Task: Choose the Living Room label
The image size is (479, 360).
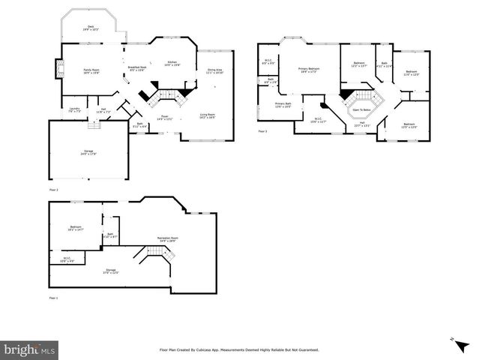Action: point(207,116)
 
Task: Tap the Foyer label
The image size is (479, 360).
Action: point(164,118)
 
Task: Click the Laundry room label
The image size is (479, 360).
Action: point(74,110)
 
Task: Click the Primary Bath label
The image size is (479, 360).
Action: point(283,105)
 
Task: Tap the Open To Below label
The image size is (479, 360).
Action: point(361,109)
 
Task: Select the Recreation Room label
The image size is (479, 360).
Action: point(166,238)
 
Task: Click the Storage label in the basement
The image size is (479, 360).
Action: point(111,271)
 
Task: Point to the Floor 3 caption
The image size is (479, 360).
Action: point(262,131)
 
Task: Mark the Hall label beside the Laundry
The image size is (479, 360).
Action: point(103,110)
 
